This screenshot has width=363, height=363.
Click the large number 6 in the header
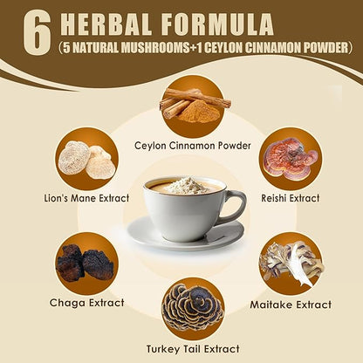coord(38,33)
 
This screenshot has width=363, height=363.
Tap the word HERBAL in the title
coord(106,24)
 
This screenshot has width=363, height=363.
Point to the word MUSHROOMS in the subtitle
coord(155,48)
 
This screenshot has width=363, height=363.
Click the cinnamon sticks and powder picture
coord(193,106)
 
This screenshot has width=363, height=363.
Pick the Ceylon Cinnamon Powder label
coord(193,146)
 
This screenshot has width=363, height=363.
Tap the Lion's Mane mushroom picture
coord(87,159)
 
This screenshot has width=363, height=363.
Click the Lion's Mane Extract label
coord(86,198)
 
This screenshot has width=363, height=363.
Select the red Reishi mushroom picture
coord(291,160)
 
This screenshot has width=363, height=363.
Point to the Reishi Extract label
coord(291,198)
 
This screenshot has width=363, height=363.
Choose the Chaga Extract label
coord(87,303)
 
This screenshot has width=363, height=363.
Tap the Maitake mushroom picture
coord(291,264)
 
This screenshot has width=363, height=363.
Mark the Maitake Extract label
coord(291,305)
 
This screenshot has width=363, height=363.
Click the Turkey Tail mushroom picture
coord(193,308)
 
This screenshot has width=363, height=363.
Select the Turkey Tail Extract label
coord(193,349)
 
